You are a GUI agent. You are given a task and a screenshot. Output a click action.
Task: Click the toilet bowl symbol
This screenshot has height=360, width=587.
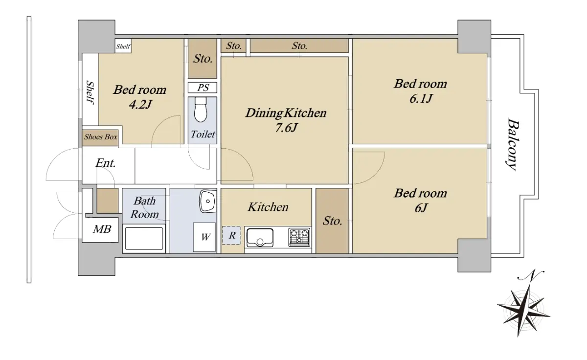pyautogui.click(x=201, y=110)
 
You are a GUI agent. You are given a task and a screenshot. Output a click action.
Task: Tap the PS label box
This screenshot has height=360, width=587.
pyautogui.click(x=203, y=88)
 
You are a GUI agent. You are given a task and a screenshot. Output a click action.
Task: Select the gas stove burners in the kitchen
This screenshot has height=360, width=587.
pyautogui.click(x=299, y=237)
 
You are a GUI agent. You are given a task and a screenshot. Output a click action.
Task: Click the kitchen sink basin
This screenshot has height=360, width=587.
pyautogui.click(x=260, y=237)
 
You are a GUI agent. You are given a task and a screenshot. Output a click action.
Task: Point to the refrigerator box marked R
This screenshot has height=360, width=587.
pyautogui.click(x=232, y=235)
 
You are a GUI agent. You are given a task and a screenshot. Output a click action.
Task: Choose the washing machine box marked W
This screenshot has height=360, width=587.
pyautogui.click(x=204, y=237)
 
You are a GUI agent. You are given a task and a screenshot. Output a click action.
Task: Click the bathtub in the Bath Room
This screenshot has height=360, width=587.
pyautogui.click(x=144, y=239)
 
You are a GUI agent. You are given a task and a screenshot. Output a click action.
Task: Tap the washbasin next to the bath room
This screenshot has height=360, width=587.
pyautogui.click(x=208, y=201)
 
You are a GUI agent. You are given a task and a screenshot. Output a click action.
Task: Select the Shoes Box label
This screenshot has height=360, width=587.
pyautogui.click(x=101, y=137)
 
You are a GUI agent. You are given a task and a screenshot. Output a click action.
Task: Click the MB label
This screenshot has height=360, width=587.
pyautogui.click(x=102, y=229)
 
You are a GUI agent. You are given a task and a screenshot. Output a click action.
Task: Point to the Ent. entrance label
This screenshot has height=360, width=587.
pyautogui.click(x=106, y=163)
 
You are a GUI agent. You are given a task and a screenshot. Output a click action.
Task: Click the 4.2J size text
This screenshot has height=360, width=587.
pyautogui.click(x=140, y=105)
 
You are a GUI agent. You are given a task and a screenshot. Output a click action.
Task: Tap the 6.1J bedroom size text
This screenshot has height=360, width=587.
pyautogui.click(x=421, y=98)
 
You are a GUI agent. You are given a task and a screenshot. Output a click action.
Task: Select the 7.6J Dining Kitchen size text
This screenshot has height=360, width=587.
pyautogui.click(x=286, y=128)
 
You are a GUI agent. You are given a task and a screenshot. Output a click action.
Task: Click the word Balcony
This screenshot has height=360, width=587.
pyautogui.click(x=512, y=144)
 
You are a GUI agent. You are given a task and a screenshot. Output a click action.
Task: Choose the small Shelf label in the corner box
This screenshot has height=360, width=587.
pyautogui.click(x=123, y=46)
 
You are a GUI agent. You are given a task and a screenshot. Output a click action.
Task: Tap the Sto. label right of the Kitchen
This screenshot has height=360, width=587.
pyautogui.click(x=332, y=221)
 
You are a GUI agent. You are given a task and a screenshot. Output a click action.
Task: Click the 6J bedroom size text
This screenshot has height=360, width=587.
pyautogui.click(x=421, y=208)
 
